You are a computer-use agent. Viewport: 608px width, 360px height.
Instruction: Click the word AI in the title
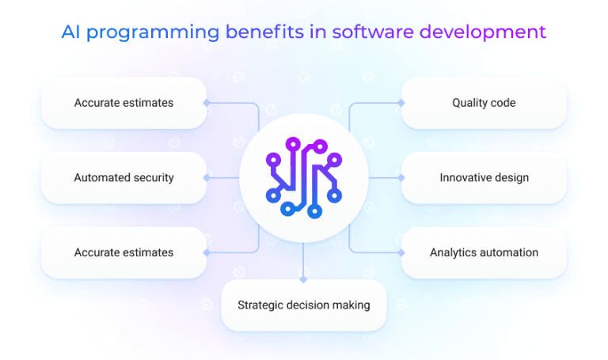tap(72, 32)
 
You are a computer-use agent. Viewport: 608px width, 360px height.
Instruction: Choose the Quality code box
tap(484, 103)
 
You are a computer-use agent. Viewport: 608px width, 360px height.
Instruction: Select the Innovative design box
tap(484, 177)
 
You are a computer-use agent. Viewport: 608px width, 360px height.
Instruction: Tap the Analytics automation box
tap(484, 252)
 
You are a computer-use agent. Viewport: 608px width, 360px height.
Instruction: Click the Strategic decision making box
tap(304, 305)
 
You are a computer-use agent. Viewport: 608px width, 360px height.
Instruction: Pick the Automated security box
tap(123, 177)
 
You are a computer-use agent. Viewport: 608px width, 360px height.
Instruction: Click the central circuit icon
tap(304, 177)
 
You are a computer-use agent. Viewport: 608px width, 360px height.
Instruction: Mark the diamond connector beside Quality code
tap(401, 103)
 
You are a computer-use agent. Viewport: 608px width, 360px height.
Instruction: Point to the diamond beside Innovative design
tap(401, 177)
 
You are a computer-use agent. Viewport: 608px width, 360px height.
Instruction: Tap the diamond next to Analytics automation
tap(401, 252)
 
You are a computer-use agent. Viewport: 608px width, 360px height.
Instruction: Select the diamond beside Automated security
tap(206, 177)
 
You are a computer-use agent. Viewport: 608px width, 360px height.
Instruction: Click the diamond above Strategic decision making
tap(304, 279)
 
